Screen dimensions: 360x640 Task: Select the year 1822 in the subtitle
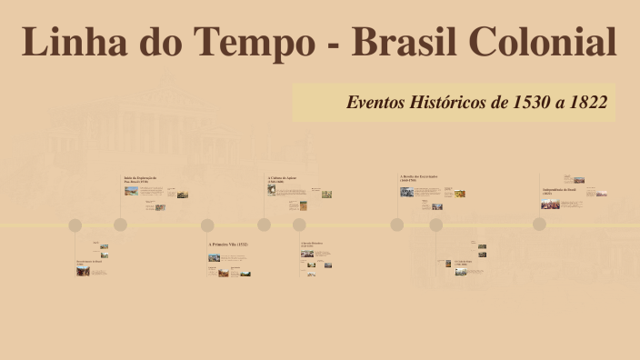[584, 102]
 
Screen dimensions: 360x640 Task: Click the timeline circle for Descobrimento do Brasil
[75, 225]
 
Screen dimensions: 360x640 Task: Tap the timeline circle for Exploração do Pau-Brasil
[120, 225]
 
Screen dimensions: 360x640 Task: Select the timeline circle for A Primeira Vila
[207, 225]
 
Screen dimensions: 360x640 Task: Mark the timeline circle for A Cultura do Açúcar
[264, 225]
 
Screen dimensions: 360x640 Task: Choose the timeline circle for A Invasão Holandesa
[299, 225]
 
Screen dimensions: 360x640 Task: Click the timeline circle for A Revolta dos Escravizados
[397, 225]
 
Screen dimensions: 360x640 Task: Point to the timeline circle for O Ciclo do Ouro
[436, 225]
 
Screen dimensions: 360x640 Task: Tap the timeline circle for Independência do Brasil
[539, 225]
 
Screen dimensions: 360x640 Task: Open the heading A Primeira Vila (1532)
[228, 245]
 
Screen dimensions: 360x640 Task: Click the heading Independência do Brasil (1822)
[558, 191]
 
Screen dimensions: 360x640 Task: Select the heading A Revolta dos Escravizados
[418, 178]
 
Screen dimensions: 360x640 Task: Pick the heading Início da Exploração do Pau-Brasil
[141, 179]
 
